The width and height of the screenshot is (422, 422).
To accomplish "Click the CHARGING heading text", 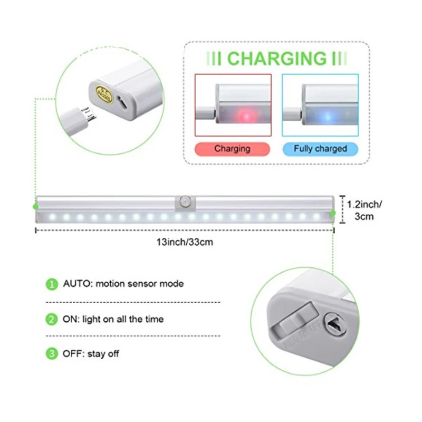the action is click(x=277, y=58).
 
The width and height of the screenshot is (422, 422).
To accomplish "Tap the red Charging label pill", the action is click(x=232, y=149).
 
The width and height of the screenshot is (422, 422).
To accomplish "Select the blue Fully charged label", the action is click(x=320, y=149).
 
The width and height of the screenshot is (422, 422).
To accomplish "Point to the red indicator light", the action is click(x=244, y=114).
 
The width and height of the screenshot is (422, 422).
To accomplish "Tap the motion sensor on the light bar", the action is click(x=185, y=202).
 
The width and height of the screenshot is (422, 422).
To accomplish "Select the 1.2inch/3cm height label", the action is click(x=364, y=210).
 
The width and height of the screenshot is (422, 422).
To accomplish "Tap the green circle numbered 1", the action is click(x=51, y=284).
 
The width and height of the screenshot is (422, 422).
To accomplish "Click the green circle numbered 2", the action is click(x=51, y=319).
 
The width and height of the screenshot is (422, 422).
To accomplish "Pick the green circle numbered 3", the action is click(x=51, y=354).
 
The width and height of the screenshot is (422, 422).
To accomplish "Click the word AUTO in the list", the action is click(x=76, y=284).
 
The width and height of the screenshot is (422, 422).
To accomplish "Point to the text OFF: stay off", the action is click(x=91, y=354).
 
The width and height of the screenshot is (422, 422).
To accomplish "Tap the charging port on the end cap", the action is click(x=122, y=104).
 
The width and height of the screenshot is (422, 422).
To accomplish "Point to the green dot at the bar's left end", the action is click(x=35, y=206).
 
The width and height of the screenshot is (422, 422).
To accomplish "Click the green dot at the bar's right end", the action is click(x=333, y=213).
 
